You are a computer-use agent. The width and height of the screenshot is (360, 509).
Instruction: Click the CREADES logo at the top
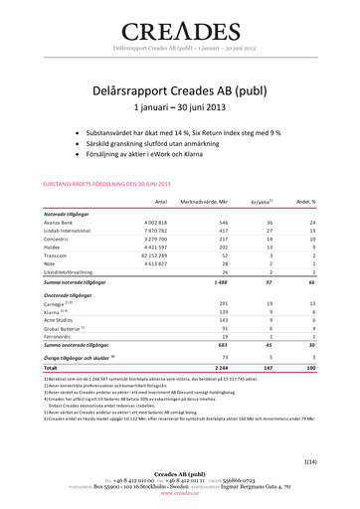pos(179,30)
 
